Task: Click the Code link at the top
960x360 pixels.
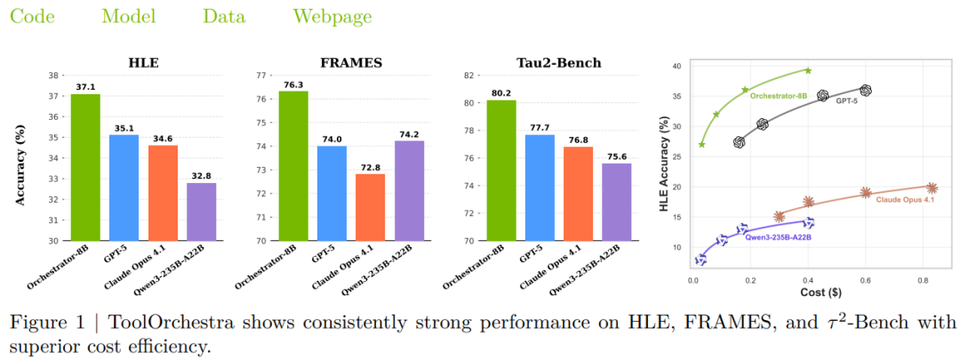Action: (32, 16)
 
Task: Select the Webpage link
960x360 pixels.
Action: (332, 16)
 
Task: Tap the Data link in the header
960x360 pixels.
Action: (225, 16)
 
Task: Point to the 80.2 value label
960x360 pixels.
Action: (501, 92)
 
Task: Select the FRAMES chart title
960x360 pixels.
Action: (351, 63)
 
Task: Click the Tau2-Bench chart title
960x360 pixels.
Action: (559, 63)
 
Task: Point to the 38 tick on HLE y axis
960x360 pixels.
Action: (53, 76)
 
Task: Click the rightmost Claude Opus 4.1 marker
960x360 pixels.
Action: (932, 188)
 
